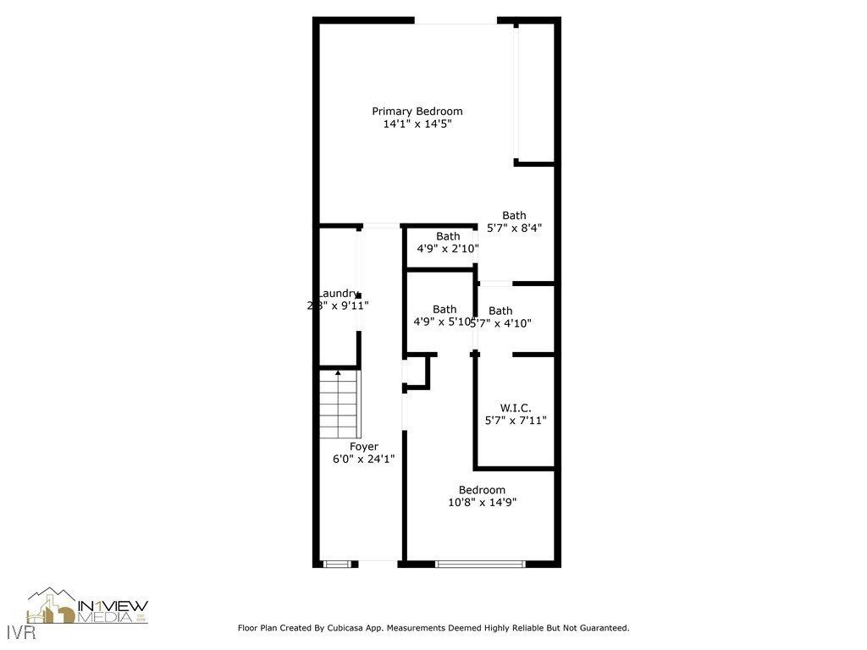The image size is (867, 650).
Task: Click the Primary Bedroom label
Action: [417, 111]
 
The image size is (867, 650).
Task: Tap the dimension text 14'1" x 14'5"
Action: [417, 124]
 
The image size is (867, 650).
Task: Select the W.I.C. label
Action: [515, 407]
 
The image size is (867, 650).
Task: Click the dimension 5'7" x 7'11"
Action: [515, 420]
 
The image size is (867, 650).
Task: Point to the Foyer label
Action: [364, 446]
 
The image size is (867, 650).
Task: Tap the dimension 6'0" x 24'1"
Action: [364, 459]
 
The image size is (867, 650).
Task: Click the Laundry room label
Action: [338, 293]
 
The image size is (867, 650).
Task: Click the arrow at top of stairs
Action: [339, 372]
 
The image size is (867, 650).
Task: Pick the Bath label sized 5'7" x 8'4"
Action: [514, 215]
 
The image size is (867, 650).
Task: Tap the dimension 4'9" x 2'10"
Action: [448, 249]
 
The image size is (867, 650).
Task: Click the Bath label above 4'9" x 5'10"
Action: [445, 309]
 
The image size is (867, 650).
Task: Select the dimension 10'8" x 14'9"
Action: [482, 502]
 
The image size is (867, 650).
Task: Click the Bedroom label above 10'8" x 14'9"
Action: [482, 489]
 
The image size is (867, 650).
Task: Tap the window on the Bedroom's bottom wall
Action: [480, 563]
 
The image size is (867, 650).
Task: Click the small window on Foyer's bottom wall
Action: [336, 563]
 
